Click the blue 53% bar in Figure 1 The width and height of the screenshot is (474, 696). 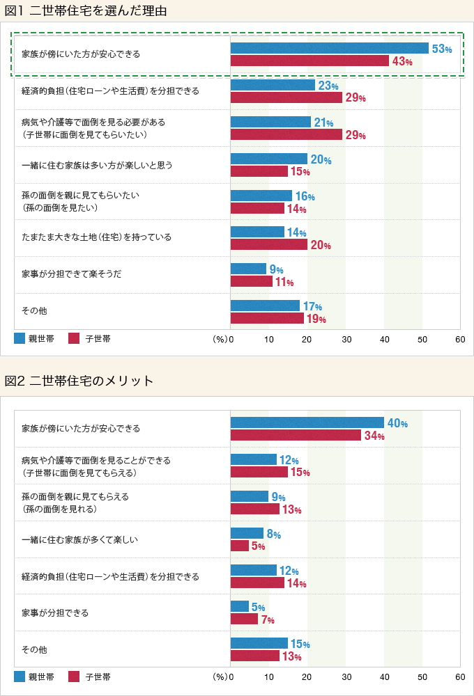tap(329, 48)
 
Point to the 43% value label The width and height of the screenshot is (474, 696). tap(402, 61)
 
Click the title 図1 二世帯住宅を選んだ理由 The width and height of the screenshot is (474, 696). tap(85, 11)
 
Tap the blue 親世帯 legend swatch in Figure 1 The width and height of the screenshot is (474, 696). tap(20, 339)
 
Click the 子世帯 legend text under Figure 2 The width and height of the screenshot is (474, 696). tap(98, 677)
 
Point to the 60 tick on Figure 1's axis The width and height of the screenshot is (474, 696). tap(459, 339)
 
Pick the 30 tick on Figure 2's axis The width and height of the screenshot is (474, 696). tap(345, 677)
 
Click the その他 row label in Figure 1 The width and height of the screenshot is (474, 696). tap(34, 310)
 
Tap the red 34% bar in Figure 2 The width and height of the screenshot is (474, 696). tap(296, 436)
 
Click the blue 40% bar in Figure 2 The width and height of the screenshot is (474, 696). tap(307, 422)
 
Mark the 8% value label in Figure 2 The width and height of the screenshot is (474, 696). tap(273, 535)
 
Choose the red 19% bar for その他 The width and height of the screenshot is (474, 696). tap(267, 318)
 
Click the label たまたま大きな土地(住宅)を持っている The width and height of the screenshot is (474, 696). tap(96, 237)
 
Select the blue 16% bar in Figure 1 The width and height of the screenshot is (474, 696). tap(261, 196)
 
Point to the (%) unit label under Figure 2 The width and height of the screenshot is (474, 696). tap(220, 677)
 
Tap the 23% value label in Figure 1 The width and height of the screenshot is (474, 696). tap(328, 86)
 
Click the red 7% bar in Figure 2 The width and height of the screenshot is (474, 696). tap(244, 619)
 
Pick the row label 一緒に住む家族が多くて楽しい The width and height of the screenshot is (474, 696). tap(79, 539)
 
